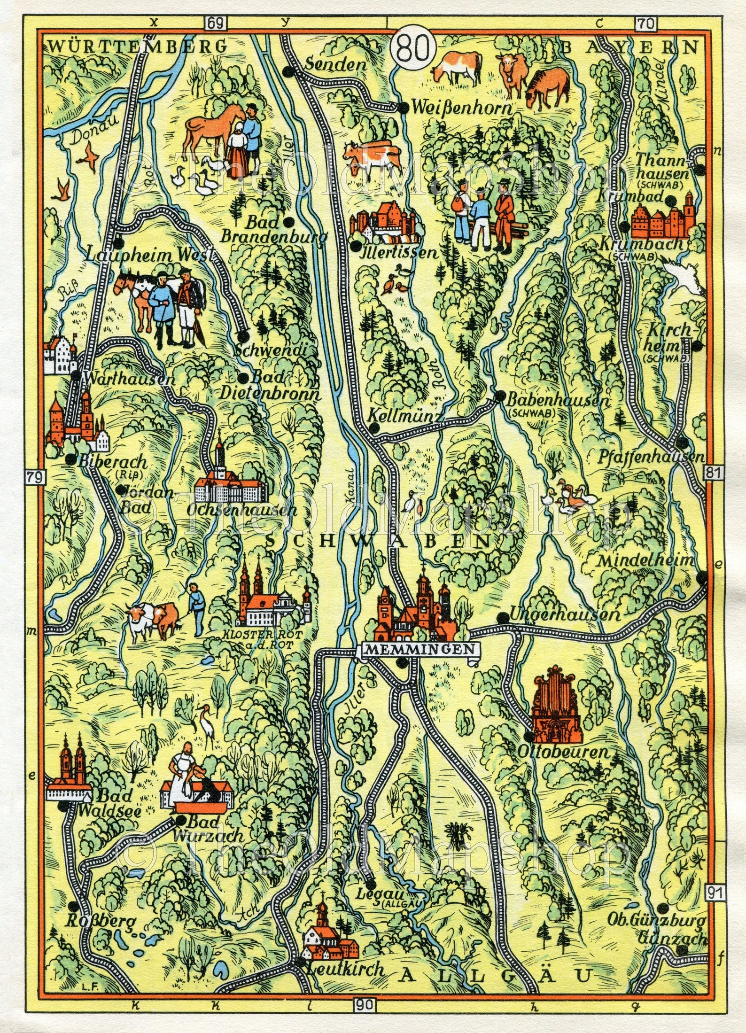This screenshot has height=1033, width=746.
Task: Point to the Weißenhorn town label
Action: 461,109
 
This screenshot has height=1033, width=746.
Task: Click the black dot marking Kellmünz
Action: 373,427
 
